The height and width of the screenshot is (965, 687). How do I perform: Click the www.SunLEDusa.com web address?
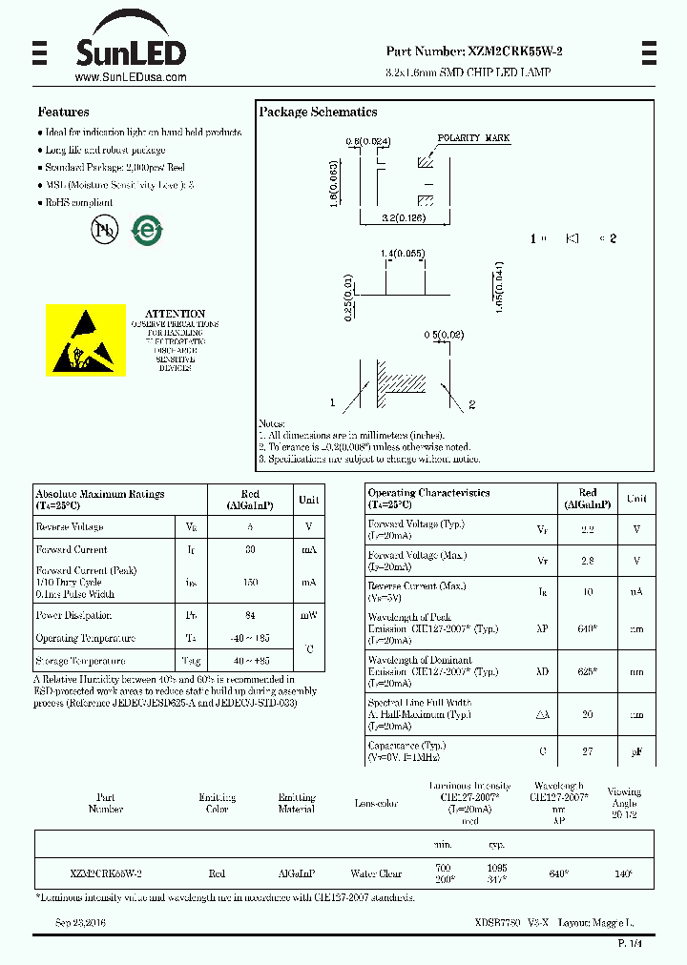[x=130, y=77]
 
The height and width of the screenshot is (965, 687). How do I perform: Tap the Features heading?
[x=63, y=112]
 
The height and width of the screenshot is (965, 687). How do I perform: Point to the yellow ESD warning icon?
[x=86, y=340]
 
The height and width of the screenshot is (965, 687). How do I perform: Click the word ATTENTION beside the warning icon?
[x=175, y=313]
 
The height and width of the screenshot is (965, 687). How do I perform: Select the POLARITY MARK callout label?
[x=474, y=138]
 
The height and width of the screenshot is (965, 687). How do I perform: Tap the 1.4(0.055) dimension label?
[x=403, y=253]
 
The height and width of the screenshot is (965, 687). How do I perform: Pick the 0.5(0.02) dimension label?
[x=444, y=335]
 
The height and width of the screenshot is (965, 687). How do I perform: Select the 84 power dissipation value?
[x=250, y=616]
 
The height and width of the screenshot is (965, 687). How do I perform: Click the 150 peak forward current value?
[x=250, y=582]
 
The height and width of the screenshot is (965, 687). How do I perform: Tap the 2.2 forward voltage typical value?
[x=588, y=529]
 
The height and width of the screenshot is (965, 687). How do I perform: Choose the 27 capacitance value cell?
[x=588, y=751]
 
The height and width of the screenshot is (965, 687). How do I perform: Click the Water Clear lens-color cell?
[x=377, y=873]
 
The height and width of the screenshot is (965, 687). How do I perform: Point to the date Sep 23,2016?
[x=80, y=923]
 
